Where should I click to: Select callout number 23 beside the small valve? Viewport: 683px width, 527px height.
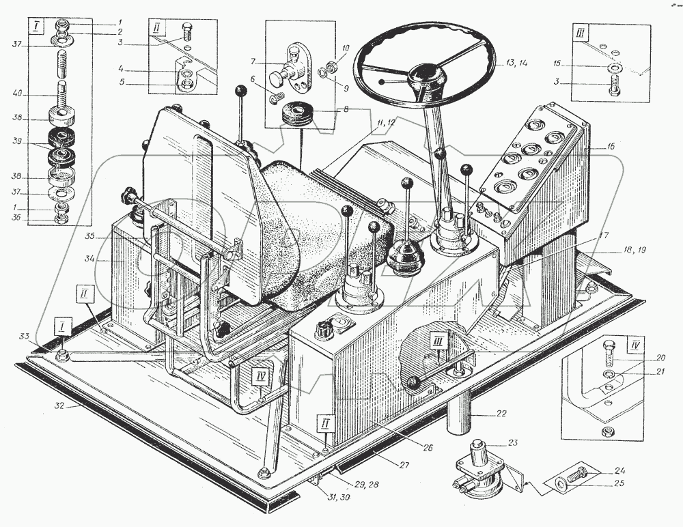[513, 443]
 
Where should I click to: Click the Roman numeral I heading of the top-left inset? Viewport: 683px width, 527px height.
[33, 27]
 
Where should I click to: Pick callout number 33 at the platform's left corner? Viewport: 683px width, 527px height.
[23, 337]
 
